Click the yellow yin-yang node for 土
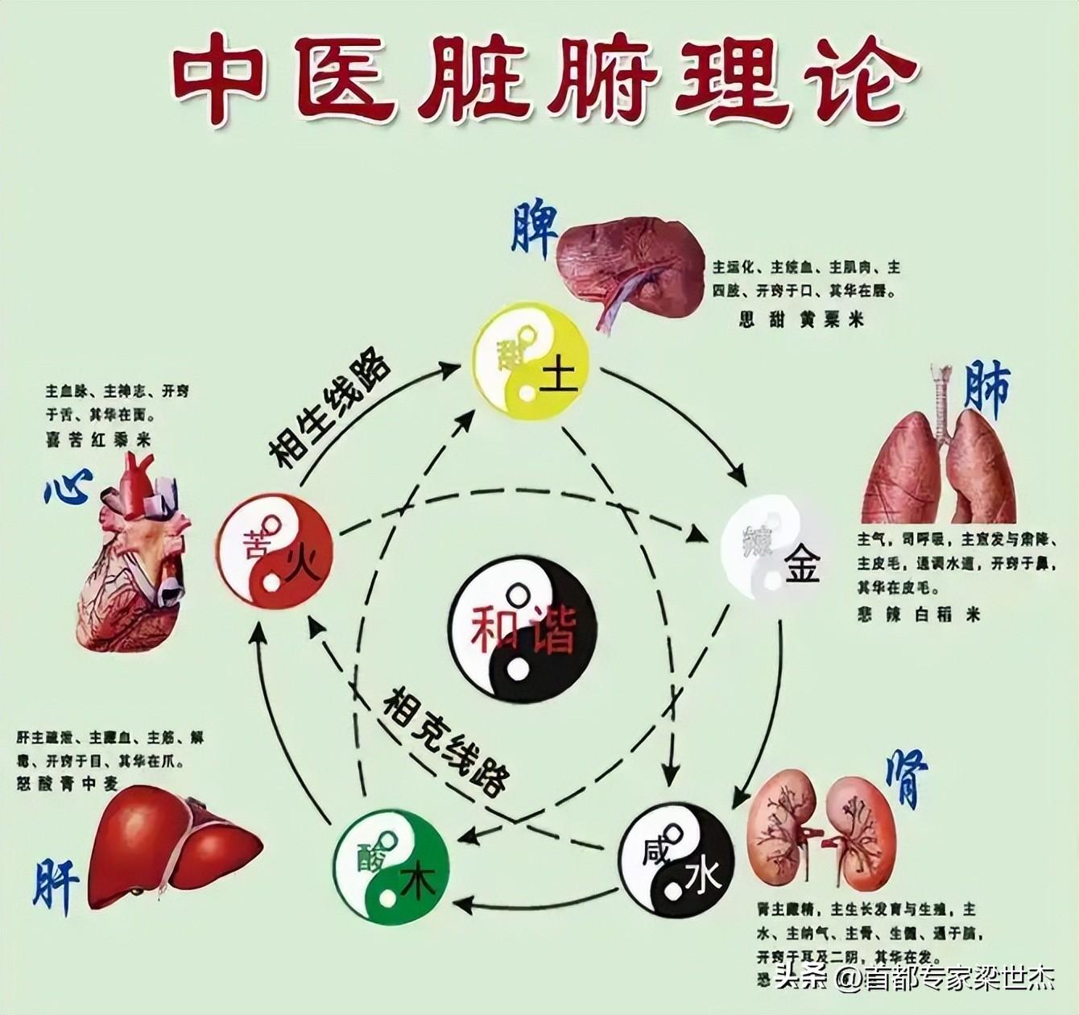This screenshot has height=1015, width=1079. [x=531, y=359]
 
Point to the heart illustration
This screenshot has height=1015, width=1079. [x=135, y=556]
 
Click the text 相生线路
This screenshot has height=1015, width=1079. [x=329, y=410]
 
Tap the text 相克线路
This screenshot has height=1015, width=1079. [x=446, y=741]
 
